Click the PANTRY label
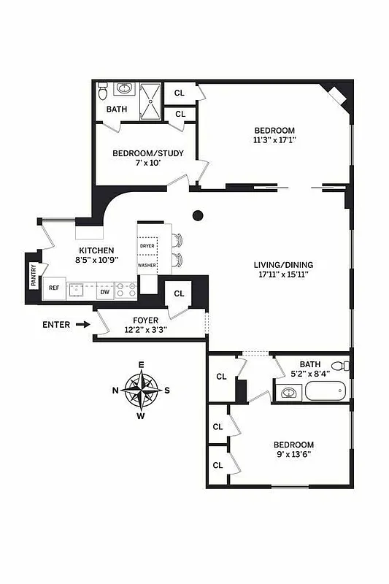(x=34, y=276)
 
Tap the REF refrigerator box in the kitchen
(x=54, y=288)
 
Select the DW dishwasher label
(x=104, y=291)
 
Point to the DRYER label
(x=147, y=247)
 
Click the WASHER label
(x=147, y=265)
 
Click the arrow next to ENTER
(x=82, y=325)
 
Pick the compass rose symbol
(x=142, y=389)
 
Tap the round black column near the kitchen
(x=198, y=215)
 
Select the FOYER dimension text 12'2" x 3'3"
(x=146, y=330)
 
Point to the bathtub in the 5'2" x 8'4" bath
(x=325, y=391)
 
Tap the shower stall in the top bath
(x=151, y=100)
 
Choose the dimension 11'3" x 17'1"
(x=274, y=141)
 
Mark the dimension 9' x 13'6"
(x=293, y=456)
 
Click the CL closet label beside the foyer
(x=179, y=294)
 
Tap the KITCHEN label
(x=96, y=250)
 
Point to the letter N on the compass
(x=115, y=390)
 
